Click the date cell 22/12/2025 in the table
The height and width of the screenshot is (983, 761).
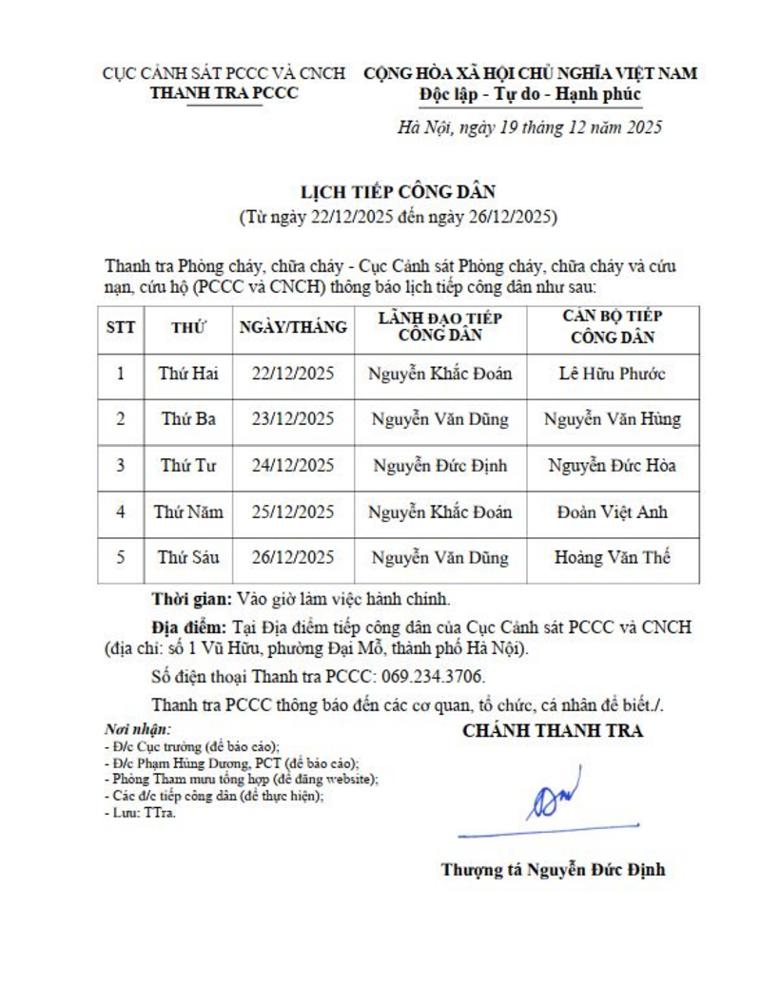[x=292, y=374]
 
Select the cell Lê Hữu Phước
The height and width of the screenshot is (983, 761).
[x=612, y=374]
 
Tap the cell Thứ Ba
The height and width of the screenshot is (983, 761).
[x=187, y=419]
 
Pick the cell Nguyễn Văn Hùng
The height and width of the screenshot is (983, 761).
[x=612, y=419]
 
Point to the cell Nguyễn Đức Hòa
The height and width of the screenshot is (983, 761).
[x=612, y=466]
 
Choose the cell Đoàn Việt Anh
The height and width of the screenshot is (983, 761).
[x=612, y=511]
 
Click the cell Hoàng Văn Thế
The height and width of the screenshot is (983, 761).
[x=612, y=558]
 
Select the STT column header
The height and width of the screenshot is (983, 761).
[x=120, y=328]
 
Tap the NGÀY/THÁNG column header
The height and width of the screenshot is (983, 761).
[x=292, y=328]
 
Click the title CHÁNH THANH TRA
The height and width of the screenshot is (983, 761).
[x=552, y=731]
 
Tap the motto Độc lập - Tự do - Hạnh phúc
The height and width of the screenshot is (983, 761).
[x=530, y=94]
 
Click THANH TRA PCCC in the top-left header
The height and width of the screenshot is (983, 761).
[x=224, y=92]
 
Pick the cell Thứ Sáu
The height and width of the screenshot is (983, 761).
[x=187, y=558]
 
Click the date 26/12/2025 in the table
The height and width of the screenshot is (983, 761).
[x=292, y=558]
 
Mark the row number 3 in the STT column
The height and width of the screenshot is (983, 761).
[x=120, y=466]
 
